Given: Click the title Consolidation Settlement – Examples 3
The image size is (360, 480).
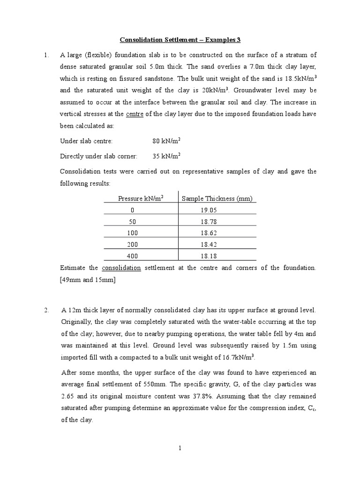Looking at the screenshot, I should pos(180,40).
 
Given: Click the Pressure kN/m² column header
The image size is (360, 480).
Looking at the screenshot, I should pos(141,199).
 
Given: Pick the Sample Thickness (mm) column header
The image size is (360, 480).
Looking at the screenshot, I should pos(217,199).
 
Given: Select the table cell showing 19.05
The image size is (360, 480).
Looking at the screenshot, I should pos(209,210).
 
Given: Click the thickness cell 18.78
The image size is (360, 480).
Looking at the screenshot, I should pos(209,222).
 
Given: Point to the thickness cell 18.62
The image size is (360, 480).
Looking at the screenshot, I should pos(209,233).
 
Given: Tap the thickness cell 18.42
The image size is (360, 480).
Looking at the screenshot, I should pos(209,244).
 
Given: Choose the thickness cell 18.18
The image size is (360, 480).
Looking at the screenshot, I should pos(209,256).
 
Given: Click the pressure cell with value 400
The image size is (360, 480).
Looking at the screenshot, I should pos(132,256).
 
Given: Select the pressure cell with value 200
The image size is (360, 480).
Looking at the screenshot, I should pos(132,244).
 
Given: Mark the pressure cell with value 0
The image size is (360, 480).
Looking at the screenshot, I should pos(132,210).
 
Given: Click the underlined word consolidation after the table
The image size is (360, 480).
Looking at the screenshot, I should pos(121,268).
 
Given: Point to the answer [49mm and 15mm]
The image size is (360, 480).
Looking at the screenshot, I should pos(88,280).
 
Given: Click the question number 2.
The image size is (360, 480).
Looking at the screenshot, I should pos(46,310).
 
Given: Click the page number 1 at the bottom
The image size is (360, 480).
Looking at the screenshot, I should pos(180,449).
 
